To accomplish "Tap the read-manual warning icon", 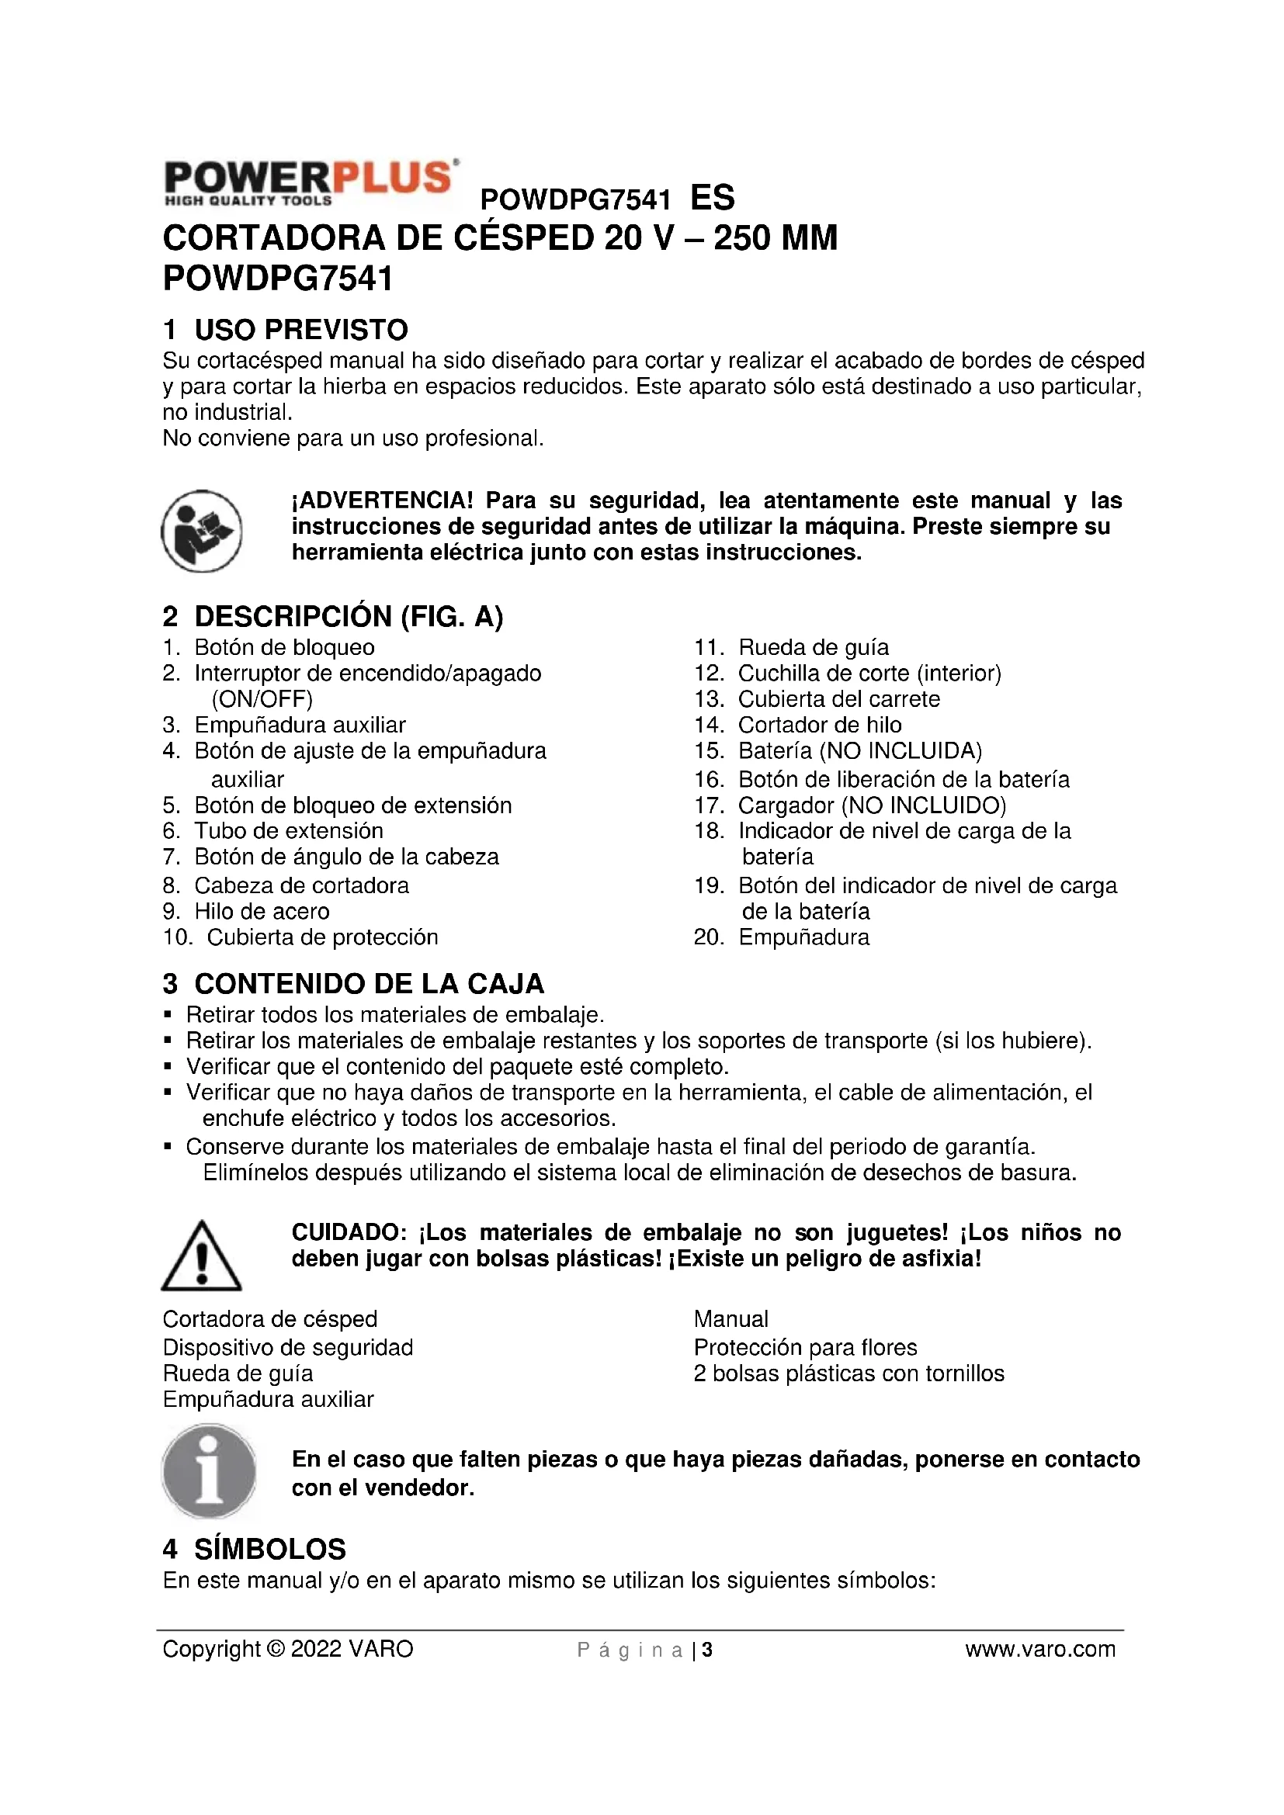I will coord(202,531).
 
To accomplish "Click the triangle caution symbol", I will coord(202,1256).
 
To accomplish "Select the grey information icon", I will coord(209,1472).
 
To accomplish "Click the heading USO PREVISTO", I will coord(301,330).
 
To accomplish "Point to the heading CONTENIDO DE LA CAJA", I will coord(370,984).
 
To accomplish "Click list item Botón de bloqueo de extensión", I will coord(352,805).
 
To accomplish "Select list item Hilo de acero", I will coord(262,912).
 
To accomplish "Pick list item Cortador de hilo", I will coord(819,725).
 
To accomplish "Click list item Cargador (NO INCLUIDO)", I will coord(871,805).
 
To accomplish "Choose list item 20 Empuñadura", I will coord(803,937).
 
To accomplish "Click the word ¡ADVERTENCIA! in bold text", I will coord(383,501).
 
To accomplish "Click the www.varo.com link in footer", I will coord(1039,1649).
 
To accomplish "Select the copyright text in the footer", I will coord(288,1649).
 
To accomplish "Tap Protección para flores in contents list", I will coord(805,1347).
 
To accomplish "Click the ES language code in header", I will coord(713,198).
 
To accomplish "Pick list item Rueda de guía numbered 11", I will coord(813,647).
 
